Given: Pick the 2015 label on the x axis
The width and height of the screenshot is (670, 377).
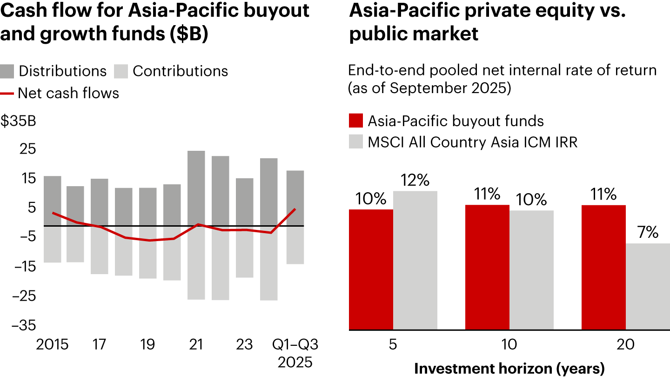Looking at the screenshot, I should tap(52, 345).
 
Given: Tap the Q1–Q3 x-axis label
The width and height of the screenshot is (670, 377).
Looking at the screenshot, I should tap(295, 345).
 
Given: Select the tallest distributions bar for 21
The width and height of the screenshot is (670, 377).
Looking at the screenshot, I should tap(196, 188).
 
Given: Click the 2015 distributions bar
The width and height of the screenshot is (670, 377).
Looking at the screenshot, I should tap(52, 201).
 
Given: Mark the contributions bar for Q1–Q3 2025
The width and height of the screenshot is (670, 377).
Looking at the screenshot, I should tap(295, 245).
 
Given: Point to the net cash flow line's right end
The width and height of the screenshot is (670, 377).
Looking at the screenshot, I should tap(295, 209).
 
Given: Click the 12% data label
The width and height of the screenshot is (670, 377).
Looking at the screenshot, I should tap(415, 180).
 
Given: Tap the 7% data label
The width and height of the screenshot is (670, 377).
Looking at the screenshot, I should tap(648, 232).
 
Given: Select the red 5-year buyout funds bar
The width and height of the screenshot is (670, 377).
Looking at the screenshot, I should tap(371, 269).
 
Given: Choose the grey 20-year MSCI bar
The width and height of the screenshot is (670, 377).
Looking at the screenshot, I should tap(648, 286).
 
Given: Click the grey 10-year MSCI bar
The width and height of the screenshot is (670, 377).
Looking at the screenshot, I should tap(531, 270).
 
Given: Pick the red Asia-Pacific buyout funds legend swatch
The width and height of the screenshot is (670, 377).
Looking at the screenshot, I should tap(355, 121).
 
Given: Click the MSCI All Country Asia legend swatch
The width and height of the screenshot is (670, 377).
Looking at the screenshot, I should tap(355, 142).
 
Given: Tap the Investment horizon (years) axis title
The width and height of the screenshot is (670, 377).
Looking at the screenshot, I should tap(509, 368).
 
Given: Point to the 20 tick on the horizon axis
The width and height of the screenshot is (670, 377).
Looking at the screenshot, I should tap(625, 345).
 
